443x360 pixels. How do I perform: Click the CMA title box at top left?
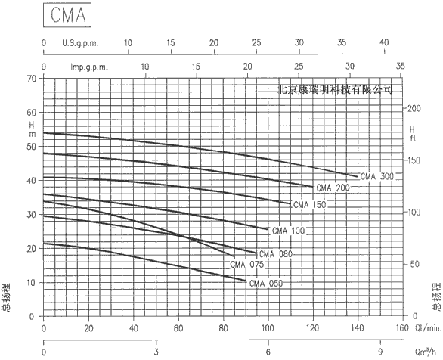[x=67, y=15]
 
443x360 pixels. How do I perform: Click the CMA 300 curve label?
[x=377, y=176]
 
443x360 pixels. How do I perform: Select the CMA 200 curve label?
[x=333, y=188]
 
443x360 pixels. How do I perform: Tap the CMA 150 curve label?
[x=310, y=205]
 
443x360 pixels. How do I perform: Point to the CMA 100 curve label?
[x=289, y=231]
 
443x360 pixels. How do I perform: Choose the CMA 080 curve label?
[x=276, y=254]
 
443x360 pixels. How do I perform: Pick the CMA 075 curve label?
[x=246, y=265]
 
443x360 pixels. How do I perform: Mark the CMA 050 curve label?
[x=266, y=283]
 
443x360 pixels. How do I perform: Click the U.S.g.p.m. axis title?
[x=81, y=44]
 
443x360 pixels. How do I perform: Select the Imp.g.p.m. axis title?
[x=89, y=67]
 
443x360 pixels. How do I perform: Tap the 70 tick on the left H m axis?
[x=33, y=79]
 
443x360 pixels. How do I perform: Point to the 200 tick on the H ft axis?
[x=414, y=108]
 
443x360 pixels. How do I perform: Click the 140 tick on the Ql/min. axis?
[x=358, y=328]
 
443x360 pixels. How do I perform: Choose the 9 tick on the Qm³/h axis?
[x=380, y=352]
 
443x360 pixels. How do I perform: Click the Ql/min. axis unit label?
[x=429, y=328]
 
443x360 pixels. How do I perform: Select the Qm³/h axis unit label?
[x=426, y=352]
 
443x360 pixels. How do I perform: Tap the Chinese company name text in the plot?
[x=335, y=89]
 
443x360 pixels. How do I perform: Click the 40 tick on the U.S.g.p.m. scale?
[x=384, y=42]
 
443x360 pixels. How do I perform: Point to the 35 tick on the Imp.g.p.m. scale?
[x=401, y=66]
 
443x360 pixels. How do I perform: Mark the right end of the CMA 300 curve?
[x=358, y=177]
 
